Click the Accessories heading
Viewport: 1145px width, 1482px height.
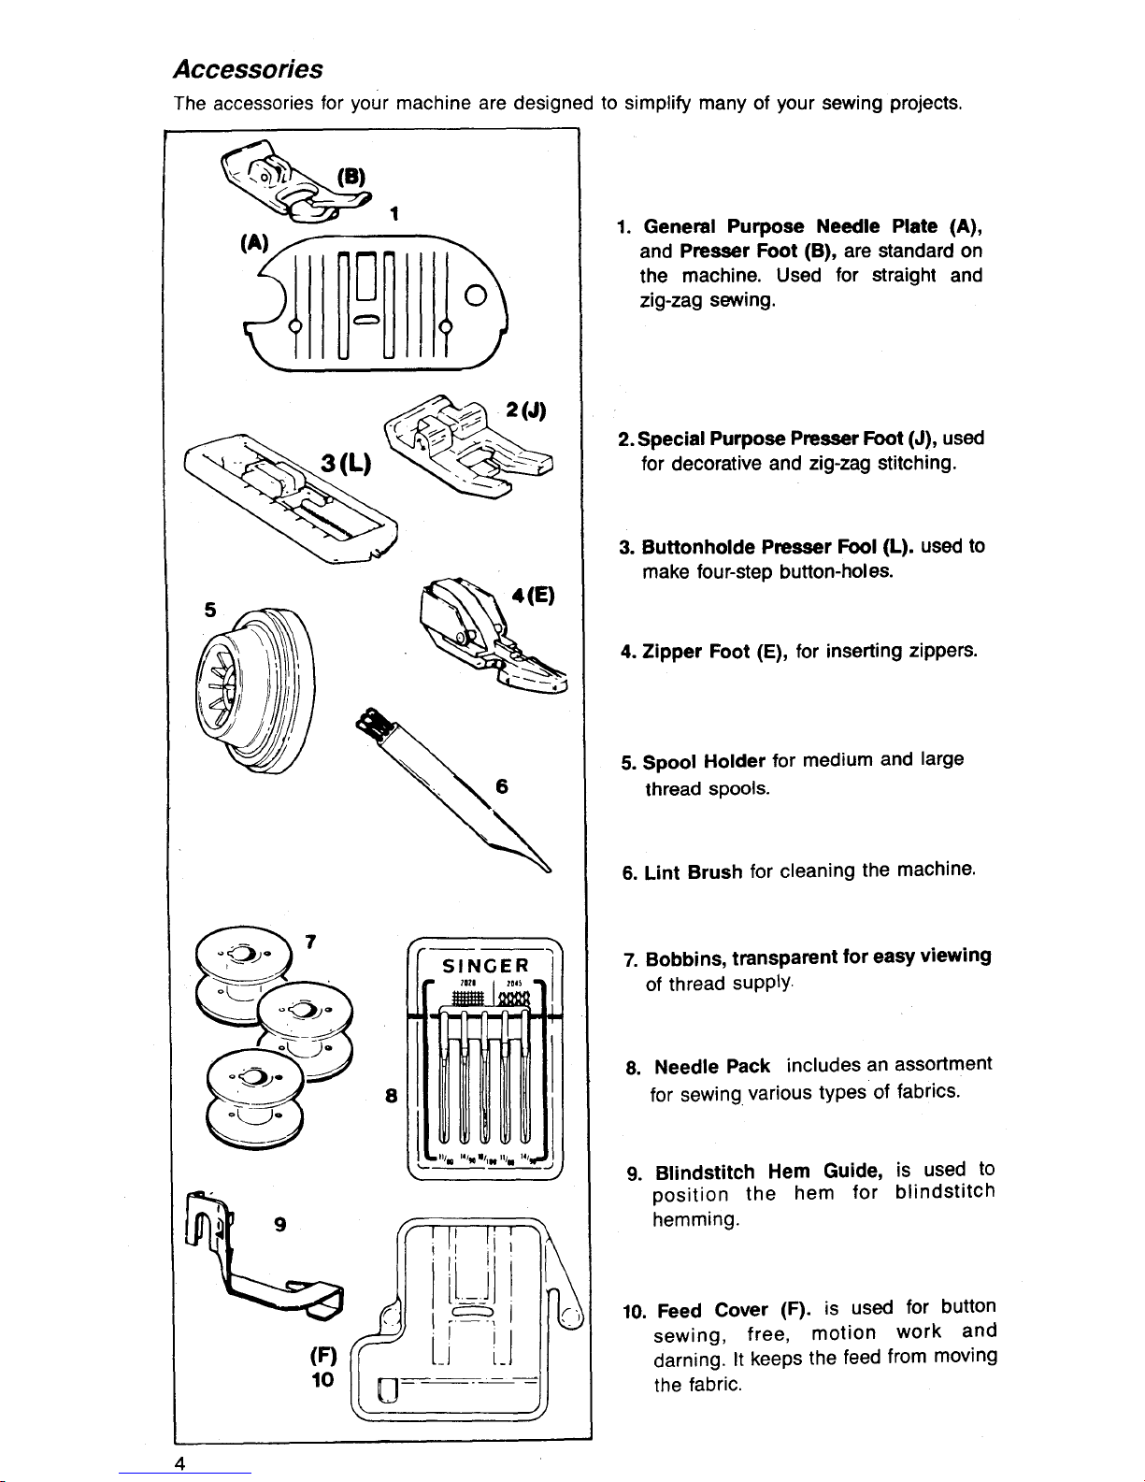pyautogui.click(x=248, y=70)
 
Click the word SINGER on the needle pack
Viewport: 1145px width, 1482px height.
pyautogui.click(x=485, y=965)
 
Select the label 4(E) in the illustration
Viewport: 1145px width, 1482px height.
pyautogui.click(x=535, y=596)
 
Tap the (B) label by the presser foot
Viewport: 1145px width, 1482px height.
pyautogui.click(x=351, y=178)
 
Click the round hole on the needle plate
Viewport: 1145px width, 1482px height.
pyautogui.click(x=475, y=299)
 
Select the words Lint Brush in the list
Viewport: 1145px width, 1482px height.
pyautogui.click(x=692, y=872)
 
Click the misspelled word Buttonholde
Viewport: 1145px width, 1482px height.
pyautogui.click(x=698, y=546)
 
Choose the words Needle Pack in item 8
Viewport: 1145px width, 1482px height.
pyautogui.click(x=712, y=1067)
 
